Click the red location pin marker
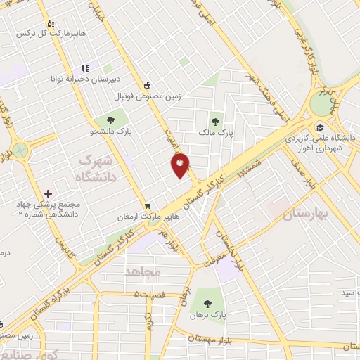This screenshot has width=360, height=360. [x=181, y=165]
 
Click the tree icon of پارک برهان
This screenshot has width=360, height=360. [x=206, y=301]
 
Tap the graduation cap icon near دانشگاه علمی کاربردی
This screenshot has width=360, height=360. [x=321, y=127]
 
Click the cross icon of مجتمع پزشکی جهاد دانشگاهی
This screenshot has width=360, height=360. [x=47, y=193]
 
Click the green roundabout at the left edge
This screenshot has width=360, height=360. [x=19, y=150]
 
